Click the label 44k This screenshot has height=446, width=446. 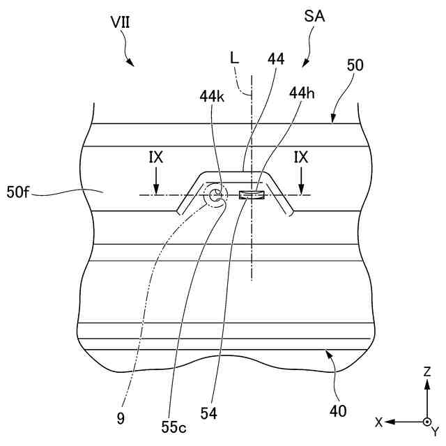click(x=212, y=96)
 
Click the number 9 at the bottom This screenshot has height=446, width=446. click(x=121, y=418)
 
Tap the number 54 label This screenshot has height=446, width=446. click(x=208, y=414)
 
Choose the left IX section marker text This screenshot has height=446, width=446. click(x=156, y=158)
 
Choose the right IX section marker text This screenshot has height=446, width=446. click(x=301, y=158)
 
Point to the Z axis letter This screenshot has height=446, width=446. click(x=426, y=373)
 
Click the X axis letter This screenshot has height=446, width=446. click(x=378, y=422)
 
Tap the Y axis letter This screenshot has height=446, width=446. click(x=435, y=432)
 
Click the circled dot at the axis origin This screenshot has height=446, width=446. click(x=426, y=422)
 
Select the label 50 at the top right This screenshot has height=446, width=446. click(x=355, y=66)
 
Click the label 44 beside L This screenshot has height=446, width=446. click(x=275, y=60)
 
